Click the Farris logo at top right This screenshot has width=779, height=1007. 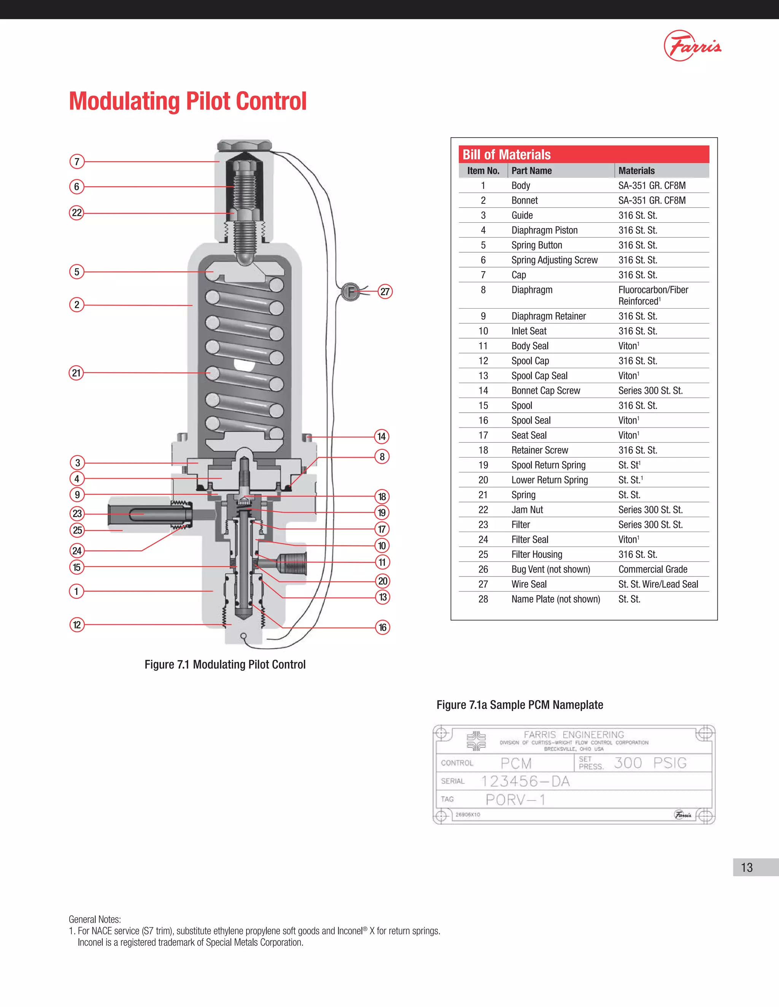[x=692, y=46]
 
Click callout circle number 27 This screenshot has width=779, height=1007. [x=385, y=291]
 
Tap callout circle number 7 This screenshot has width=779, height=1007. [x=77, y=161]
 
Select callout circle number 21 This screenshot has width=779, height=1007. [x=76, y=372]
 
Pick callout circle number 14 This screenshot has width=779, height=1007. [x=381, y=436]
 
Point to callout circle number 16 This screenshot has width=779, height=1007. [x=382, y=627]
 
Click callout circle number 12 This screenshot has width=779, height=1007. [x=76, y=625]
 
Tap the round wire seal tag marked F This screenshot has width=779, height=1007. [x=350, y=292]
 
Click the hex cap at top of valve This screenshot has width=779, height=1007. [x=244, y=146]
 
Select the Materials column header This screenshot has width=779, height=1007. [x=636, y=171]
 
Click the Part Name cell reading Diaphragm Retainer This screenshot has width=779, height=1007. [x=548, y=316]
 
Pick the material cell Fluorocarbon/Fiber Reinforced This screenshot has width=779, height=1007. [x=653, y=295]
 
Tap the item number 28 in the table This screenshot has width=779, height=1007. [x=483, y=599]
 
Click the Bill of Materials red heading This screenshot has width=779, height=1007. [x=507, y=154]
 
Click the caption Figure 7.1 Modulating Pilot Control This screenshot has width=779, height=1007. [x=225, y=664]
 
